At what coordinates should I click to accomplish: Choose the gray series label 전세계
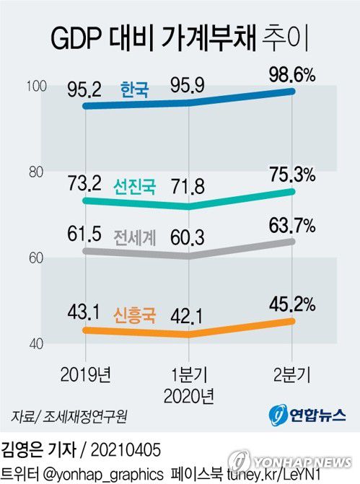click(x=135, y=237)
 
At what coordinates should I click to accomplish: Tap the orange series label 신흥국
click(x=135, y=313)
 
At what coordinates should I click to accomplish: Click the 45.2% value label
click(x=289, y=303)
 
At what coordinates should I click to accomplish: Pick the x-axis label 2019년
click(x=86, y=374)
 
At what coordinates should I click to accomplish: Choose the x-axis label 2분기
click(x=291, y=374)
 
